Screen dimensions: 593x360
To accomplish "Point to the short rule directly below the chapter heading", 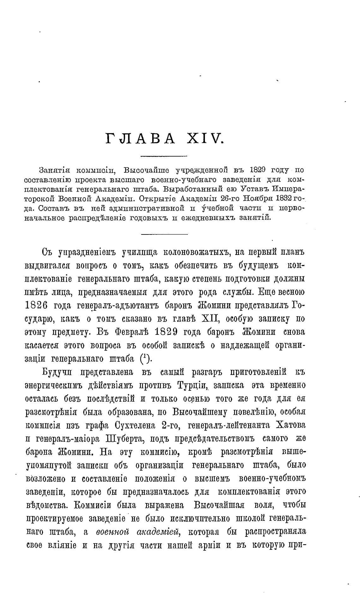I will (164, 156).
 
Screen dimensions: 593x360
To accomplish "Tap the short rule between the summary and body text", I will (164, 234).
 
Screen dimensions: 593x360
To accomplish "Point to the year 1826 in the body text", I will (36, 306).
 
